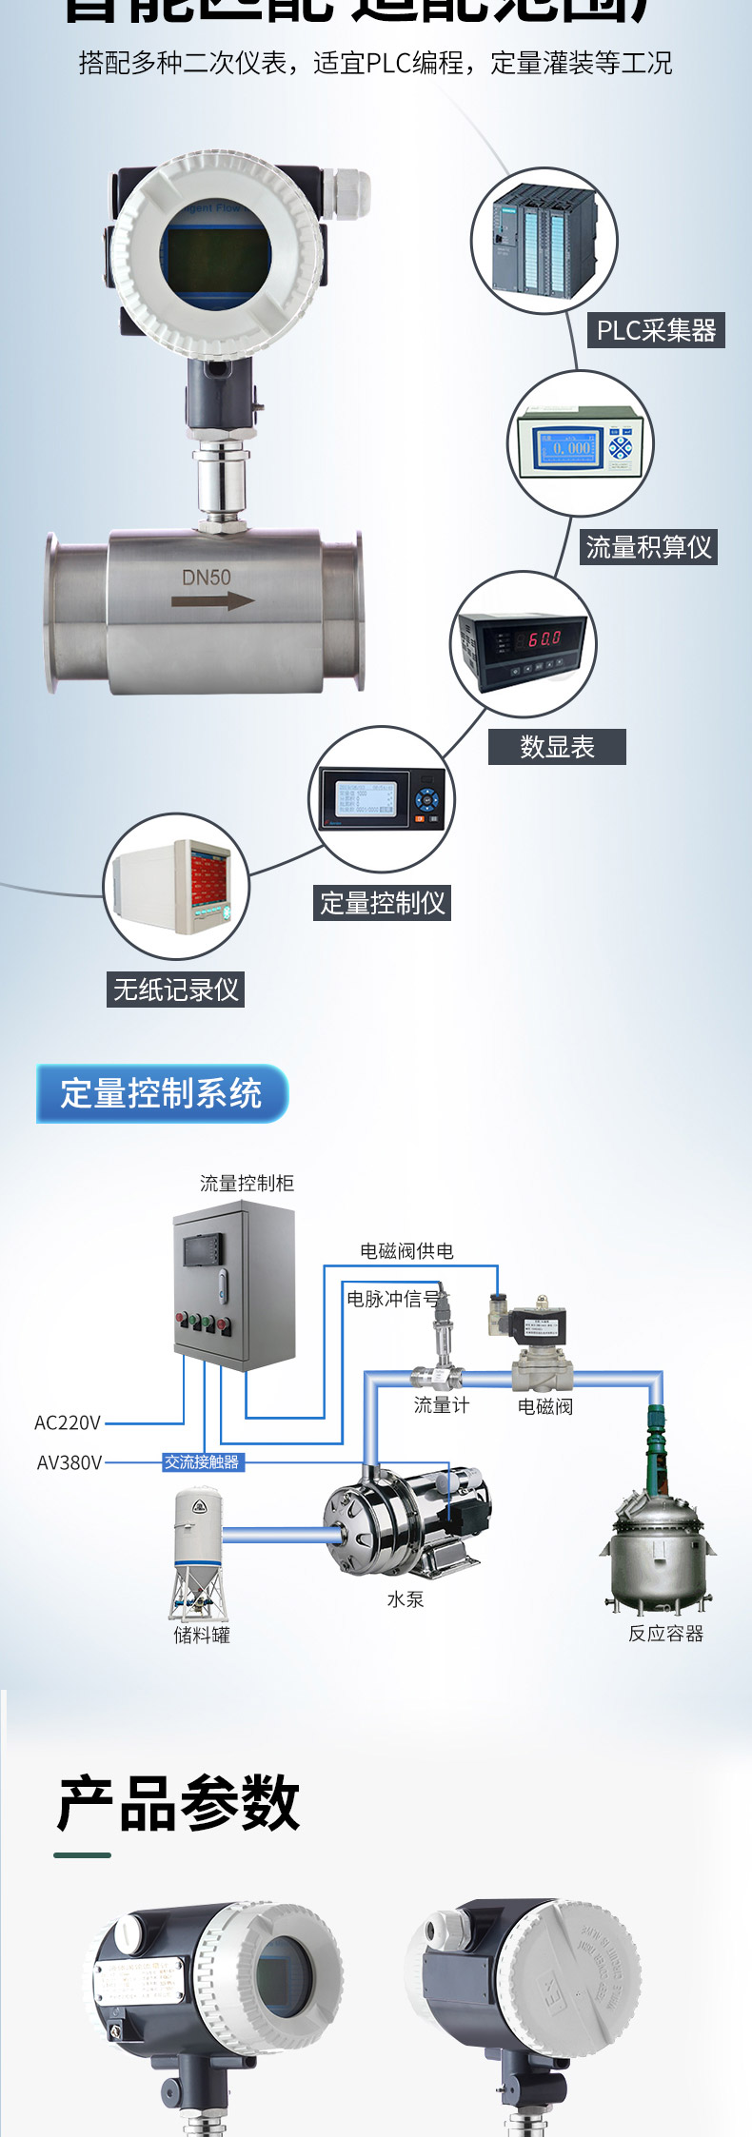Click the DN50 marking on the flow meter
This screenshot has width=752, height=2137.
click(x=207, y=577)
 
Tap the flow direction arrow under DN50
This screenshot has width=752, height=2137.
click(x=212, y=600)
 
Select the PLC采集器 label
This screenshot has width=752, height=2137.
click(x=656, y=330)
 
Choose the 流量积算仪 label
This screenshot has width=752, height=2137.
click(x=648, y=547)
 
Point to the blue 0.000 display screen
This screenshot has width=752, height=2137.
click(x=567, y=446)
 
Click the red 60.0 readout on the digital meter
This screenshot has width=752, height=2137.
click(x=544, y=638)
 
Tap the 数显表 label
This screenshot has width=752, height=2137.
click(x=557, y=747)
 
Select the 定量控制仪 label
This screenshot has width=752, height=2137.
click(x=382, y=903)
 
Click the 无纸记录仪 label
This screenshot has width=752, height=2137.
click(x=176, y=990)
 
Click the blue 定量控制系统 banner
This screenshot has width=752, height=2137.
click(x=161, y=1093)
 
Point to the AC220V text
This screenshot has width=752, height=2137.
click(x=68, y=1422)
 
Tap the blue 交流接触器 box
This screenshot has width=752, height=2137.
click(x=202, y=1461)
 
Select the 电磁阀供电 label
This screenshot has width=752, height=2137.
click(x=406, y=1251)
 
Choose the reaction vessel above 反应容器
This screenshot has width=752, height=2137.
click(x=657, y=1532)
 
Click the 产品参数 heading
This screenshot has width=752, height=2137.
click(x=179, y=1803)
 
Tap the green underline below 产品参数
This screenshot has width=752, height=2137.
click(x=82, y=1854)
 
